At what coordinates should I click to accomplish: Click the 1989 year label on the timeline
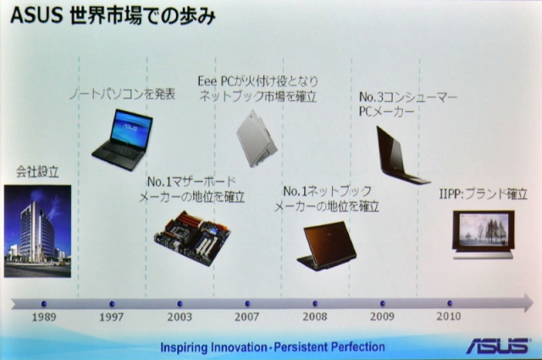44,317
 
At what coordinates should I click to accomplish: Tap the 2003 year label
180,317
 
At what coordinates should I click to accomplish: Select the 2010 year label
448,316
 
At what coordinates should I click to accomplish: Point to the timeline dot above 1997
112,304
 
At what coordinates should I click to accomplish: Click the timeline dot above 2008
315,303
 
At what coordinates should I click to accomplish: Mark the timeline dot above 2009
382,303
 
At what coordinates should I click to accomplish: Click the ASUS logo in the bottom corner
497,346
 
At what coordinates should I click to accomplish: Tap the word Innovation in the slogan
239,346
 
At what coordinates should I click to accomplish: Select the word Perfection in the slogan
357,346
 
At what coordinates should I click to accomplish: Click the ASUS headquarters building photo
37,231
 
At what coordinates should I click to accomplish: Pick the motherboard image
192,238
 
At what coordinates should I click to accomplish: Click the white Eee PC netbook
257,138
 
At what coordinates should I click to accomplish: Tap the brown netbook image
327,246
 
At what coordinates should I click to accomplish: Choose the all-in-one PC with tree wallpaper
483,235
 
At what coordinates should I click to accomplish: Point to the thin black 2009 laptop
401,155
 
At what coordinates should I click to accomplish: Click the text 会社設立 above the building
37,171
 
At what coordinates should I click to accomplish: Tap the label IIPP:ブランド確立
483,194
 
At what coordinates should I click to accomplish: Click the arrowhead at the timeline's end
528,303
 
